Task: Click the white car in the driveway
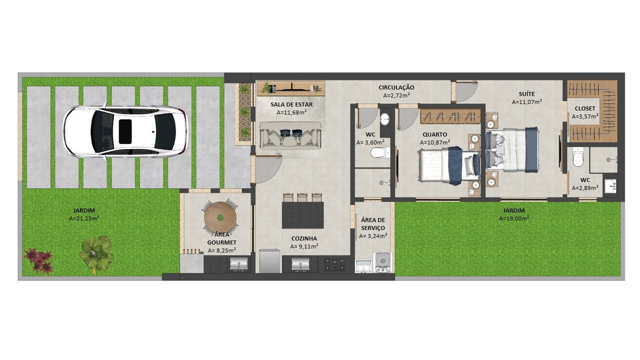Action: (x=125, y=131)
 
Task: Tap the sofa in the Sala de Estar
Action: (x=290, y=135)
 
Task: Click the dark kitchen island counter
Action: (x=303, y=215)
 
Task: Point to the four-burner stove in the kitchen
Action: (x=334, y=264)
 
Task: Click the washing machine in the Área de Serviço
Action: (x=382, y=262)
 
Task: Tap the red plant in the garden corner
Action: (x=38, y=260)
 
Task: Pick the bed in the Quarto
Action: (x=448, y=165)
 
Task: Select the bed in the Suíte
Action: (x=512, y=150)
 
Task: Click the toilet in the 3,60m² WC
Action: (x=379, y=152)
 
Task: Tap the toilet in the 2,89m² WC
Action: (x=577, y=157)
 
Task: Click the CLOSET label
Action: (x=585, y=108)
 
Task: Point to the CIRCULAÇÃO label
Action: (x=396, y=87)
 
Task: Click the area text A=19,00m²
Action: (x=514, y=218)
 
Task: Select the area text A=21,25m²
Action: (x=84, y=218)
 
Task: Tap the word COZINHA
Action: (x=304, y=238)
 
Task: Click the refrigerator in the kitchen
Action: (x=269, y=261)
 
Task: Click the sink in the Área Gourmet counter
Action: (x=239, y=263)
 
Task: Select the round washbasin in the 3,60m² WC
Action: (x=385, y=118)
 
